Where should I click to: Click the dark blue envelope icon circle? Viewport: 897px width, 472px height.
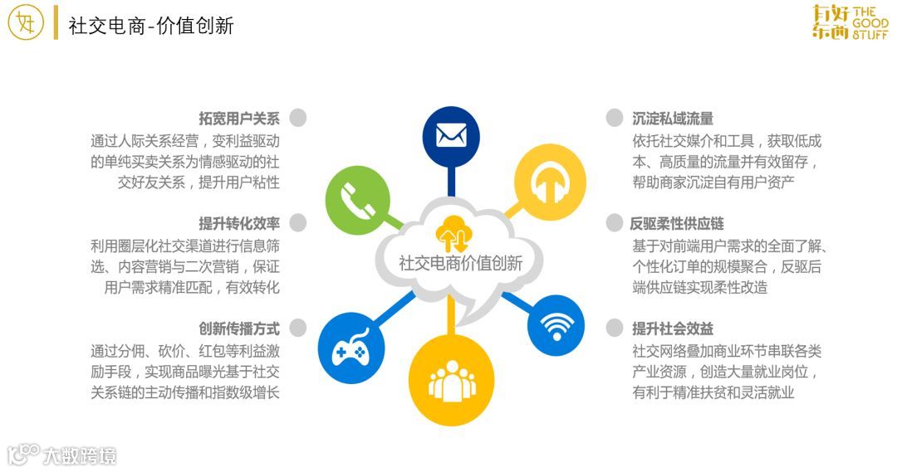[451, 135]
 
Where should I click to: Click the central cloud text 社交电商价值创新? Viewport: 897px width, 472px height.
[461, 264]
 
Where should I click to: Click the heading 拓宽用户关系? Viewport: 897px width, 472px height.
[239, 119]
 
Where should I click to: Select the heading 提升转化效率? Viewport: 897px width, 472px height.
[239, 223]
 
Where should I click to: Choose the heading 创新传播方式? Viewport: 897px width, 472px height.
[239, 328]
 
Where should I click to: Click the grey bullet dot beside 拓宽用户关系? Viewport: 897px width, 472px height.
[298, 118]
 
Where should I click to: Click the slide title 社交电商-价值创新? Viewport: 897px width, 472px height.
[151, 26]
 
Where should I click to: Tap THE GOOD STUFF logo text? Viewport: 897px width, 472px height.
[870, 23]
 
